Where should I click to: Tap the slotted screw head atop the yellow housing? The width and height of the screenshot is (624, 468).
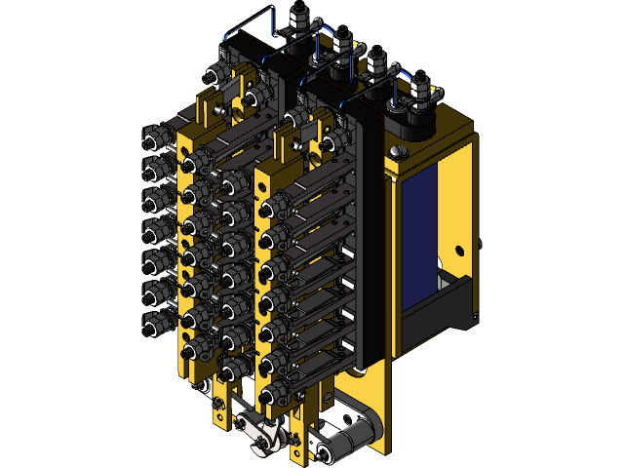pos(397,153)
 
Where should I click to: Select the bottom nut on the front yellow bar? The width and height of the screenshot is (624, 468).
pos(269,396)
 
